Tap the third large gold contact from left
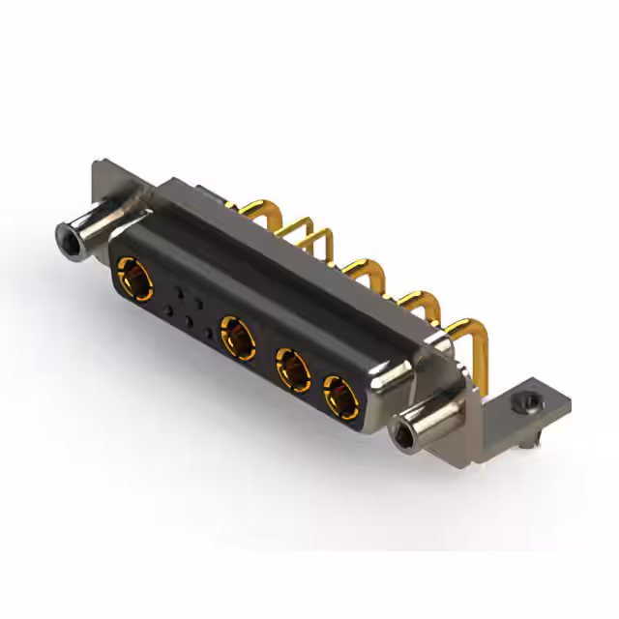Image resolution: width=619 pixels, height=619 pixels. click(x=293, y=369)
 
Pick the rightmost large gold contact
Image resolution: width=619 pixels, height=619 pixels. click(x=339, y=396)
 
